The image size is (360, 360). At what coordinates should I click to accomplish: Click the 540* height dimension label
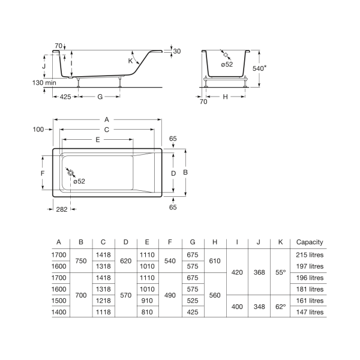pyautogui.click(x=259, y=68)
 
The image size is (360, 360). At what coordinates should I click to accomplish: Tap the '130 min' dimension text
pyautogui.click(x=44, y=82)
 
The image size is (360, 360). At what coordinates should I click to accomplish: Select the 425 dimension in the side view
pyautogui.click(x=65, y=97)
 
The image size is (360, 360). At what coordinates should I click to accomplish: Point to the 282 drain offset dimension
pyautogui.click(x=62, y=209)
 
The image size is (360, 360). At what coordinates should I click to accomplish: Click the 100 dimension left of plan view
pyautogui.click(x=38, y=130)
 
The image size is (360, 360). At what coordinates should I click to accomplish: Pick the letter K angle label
pyautogui.click(x=130, y=61)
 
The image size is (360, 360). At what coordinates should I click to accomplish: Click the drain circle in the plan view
pyautogui.click(x=70, y=173)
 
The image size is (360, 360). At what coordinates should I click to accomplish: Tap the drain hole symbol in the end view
pyautogui.click(x=226, y=55)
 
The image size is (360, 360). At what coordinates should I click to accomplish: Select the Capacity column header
pyautogui.click(x=310, y=242)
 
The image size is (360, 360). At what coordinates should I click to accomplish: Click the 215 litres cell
pyautogui.click(x=310, y=255)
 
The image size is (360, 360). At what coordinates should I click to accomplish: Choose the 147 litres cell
pyautogui.click(x=310, y=312)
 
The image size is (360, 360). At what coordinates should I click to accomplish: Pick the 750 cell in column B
pyautogui.click(x=81, y=261)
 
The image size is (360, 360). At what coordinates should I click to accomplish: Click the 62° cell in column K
pyautogui.click(x=281, y=307)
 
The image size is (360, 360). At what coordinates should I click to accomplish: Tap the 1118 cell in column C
pyautogui.click(x=103, y=312)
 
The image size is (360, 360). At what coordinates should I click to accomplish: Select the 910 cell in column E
pyautogui.click(x=147, y=301)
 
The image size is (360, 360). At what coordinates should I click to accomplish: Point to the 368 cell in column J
pyautogui.click(x=259, y=272)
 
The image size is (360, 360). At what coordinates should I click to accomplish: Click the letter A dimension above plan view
pyautogui.click(x=107, y=119)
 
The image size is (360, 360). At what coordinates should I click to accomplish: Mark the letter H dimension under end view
pyautogui.click(x=225, y=97)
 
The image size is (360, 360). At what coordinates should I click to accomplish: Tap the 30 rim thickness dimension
pyautogui.click(x=177, y=51)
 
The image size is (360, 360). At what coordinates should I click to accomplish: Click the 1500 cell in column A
pyautogui.click(x=59, y=301)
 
